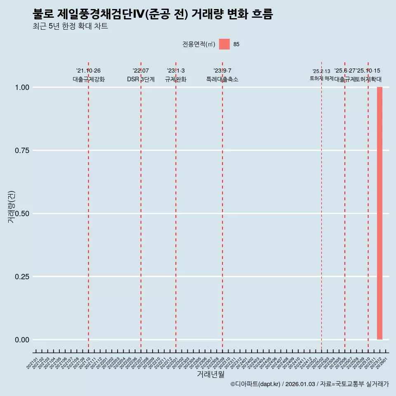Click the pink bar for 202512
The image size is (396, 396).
pos(379,213)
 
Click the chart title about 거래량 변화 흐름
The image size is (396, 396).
pos(153,14)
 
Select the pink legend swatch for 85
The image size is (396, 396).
pos(224,44)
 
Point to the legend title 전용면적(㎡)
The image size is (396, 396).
pos(198,44)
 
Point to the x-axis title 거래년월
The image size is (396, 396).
pos(210,375)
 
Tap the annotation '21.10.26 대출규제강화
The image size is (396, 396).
pos(88,75)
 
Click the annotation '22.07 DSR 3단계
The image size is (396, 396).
pos(141,75)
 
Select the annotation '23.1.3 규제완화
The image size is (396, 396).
pos(176,75)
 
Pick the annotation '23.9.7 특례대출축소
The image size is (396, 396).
pos(222,75)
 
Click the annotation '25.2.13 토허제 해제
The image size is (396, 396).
pos(321,75)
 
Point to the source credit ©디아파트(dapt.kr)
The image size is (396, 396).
pos(256,384)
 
